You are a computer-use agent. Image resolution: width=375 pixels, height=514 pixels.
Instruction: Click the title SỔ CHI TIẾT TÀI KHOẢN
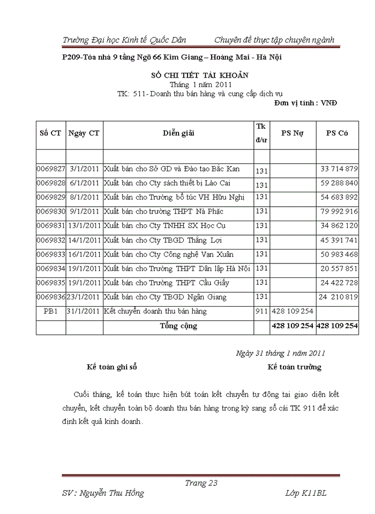pyautogui.click(x=202, y=75)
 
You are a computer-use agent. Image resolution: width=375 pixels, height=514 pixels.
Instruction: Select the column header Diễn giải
pyautogui.click(x=178, y=133)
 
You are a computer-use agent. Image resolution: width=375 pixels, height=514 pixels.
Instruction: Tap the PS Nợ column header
pyautogui.click(x=292, y=133)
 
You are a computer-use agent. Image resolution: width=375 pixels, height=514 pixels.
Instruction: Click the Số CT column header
pyautogui.click(x=50, y=133)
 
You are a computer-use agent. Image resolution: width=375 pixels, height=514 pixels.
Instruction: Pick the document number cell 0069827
pyautogui.click(x=51, y=169)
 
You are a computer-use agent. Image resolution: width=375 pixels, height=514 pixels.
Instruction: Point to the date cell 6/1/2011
pyautogui.click(x=85, y=183)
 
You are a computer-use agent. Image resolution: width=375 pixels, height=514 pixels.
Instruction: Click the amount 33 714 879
pyautogui.click(x=339, y=169)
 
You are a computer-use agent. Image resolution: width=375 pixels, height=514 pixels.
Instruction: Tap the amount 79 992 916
pyautogui.click(x=339, y=211)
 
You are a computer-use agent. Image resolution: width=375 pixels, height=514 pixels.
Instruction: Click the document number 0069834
pyautogui.click(x=51, y=268)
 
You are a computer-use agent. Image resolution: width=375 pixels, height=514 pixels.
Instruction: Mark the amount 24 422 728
pyautogui.click(x=339, y=283)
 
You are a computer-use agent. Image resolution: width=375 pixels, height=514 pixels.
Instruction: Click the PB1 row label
pyautogui.click(x=51, y=311)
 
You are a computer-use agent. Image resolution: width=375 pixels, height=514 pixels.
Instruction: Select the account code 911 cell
pyautogui.click(x=261, y=311)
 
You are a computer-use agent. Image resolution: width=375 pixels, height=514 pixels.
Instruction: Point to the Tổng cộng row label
pyautogui.click(x=178, y=326)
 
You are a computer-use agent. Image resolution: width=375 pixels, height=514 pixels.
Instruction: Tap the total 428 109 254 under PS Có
pyautogui.click(x=337, y=326)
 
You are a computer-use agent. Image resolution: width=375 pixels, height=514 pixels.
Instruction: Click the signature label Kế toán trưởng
pyautogui.click(x=295, y=367)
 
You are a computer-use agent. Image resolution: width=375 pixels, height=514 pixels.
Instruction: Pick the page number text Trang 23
pyautogui.click(x=201, y=483)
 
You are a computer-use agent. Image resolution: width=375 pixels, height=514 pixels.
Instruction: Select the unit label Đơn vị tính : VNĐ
pyautogui.click(x=305, y=102)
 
